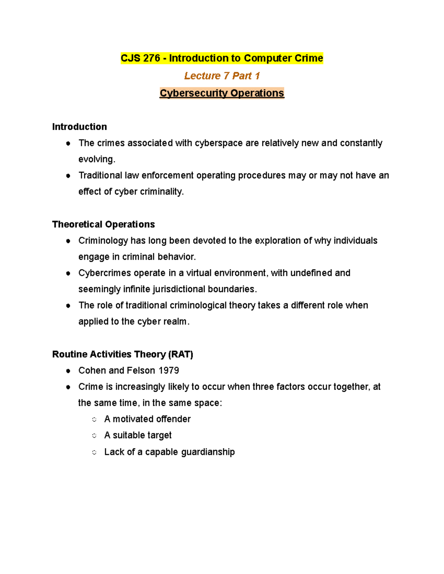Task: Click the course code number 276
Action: click(x=151, y=58)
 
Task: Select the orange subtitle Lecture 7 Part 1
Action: click(x=222, y=76)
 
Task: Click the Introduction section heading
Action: click(x=80, y=127)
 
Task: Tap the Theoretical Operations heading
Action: click(x=104, y=224)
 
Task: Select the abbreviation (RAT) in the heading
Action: click(x=181, y=354)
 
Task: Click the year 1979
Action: click(x=169, y=371)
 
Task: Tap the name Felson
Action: click(x=141, y=371)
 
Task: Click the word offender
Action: click(x=173, y=419)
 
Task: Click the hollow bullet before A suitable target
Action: click(x=94, y=436)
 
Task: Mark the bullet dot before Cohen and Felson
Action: click(x=68, y=371)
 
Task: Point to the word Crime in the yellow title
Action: click(x=309, y=58)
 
